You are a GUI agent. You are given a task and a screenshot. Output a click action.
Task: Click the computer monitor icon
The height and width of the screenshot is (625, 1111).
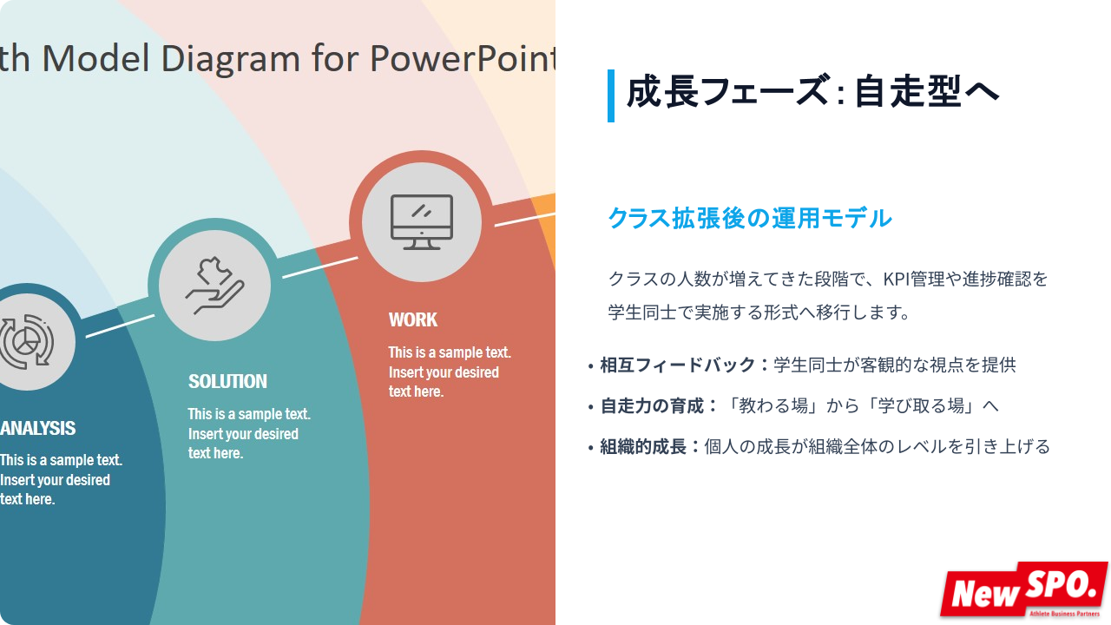[422, 222]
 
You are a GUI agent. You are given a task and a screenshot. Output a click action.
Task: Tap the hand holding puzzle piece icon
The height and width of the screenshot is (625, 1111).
[214, 286]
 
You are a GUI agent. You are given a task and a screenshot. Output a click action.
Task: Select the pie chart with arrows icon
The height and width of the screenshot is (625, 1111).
[25, 342]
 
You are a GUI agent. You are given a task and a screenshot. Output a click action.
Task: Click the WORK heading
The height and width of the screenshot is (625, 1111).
[412, 320]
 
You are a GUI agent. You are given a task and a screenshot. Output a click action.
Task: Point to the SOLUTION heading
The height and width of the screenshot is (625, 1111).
[227, 381]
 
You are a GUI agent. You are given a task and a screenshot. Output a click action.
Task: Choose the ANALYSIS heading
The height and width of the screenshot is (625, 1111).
[37, 428]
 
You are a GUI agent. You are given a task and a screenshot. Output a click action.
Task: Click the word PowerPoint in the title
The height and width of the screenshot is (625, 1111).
[463, 59]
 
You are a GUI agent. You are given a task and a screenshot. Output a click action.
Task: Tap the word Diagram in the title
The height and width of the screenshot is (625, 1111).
[231, 59]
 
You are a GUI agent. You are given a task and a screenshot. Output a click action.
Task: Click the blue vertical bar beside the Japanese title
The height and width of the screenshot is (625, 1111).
[611, 95]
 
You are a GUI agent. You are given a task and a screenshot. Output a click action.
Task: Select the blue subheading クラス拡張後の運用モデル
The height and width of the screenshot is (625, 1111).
[750, 218]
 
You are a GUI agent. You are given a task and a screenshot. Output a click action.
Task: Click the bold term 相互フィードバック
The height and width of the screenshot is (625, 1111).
[678, 365]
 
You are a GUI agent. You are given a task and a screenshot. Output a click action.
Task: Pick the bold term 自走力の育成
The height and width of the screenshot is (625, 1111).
[652, 405]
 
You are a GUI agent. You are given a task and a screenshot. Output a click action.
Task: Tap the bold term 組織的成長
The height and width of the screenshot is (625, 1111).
[643, 446]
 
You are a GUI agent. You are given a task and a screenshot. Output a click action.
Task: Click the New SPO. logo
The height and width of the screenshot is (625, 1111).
[1024, 589]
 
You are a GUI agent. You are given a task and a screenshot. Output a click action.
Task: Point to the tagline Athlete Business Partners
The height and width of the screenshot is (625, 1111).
[1064, 614]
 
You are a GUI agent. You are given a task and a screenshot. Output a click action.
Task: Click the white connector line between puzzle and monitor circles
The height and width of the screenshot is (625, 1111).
[320, 267]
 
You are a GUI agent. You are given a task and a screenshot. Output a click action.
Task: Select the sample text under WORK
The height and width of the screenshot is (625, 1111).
[450, 372]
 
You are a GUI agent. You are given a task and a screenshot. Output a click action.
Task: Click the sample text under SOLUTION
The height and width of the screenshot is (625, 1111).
[249, 433]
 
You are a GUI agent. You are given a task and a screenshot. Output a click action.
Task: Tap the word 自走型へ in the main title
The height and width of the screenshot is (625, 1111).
[926, 92]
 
